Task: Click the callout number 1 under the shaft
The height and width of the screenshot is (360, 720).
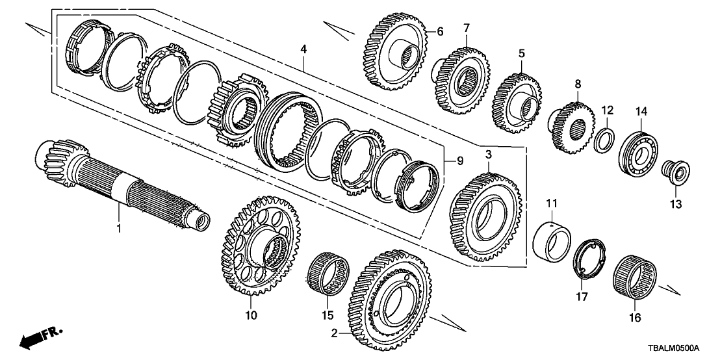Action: tap(119, 228)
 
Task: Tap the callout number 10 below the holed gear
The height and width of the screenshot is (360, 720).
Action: tap(251, 316)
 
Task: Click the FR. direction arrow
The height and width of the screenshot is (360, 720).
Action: tap(39, 339)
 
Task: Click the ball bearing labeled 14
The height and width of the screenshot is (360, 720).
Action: tap(639, 151)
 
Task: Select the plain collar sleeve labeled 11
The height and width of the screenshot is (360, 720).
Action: tap(551, 241)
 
